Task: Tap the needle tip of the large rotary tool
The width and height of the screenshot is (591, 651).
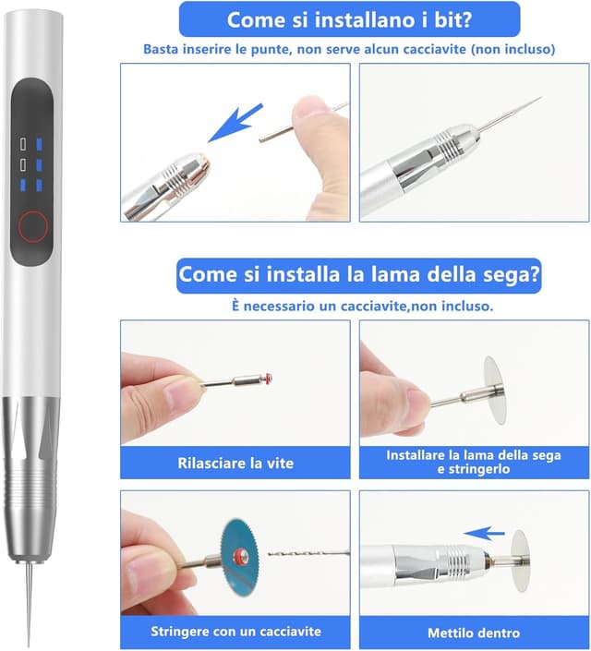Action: click(x=28, y=637)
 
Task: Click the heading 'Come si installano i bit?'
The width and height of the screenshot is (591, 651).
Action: click(x=348, y=19)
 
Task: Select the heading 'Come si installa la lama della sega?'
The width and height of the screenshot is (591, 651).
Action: click(x=359, y=274)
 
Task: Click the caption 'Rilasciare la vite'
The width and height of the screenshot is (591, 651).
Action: click(x=235, y=463)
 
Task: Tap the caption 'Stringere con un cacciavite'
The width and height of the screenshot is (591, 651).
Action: click(x=235, y=633)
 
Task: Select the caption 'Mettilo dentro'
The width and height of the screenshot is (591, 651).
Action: click(x=474, y=633)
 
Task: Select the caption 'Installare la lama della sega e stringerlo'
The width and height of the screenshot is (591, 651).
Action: click(x=474, y=462)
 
